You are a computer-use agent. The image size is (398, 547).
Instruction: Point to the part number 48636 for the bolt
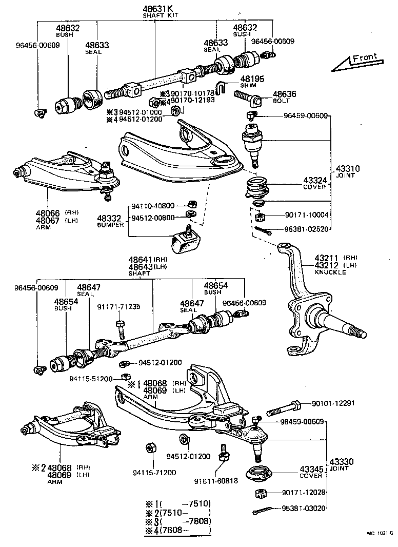284,94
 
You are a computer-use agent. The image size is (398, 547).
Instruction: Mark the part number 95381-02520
306,229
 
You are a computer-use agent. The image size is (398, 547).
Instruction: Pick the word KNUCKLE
330,272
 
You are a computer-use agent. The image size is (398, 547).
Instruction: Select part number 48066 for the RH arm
47,212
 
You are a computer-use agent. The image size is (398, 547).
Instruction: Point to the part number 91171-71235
118,307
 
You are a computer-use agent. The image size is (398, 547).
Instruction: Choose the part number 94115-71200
154,472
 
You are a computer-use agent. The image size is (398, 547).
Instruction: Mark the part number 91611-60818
215,480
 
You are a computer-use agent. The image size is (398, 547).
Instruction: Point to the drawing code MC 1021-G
380,534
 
